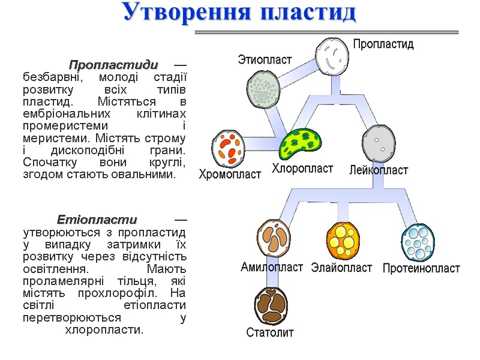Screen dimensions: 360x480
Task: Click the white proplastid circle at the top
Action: point(332,56)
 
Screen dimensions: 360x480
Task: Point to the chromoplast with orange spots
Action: point(229,148)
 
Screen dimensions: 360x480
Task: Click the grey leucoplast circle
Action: point(379,142)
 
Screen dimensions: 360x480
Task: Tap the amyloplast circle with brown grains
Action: point(274,238)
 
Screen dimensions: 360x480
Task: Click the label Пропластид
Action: point(383,44)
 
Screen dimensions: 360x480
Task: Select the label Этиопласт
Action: point(265,59)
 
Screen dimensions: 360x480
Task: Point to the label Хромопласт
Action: point(230,175)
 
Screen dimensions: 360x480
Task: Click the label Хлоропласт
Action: point(302,169)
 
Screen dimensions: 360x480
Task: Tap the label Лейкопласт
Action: point(379,170)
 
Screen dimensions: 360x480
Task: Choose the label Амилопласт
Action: point(272,267)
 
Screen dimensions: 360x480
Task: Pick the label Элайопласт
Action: point(341,268)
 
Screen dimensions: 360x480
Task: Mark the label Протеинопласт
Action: point(421,268)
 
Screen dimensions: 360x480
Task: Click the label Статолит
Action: point(270,332)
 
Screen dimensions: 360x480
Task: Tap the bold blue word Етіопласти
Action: point(97,220)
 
